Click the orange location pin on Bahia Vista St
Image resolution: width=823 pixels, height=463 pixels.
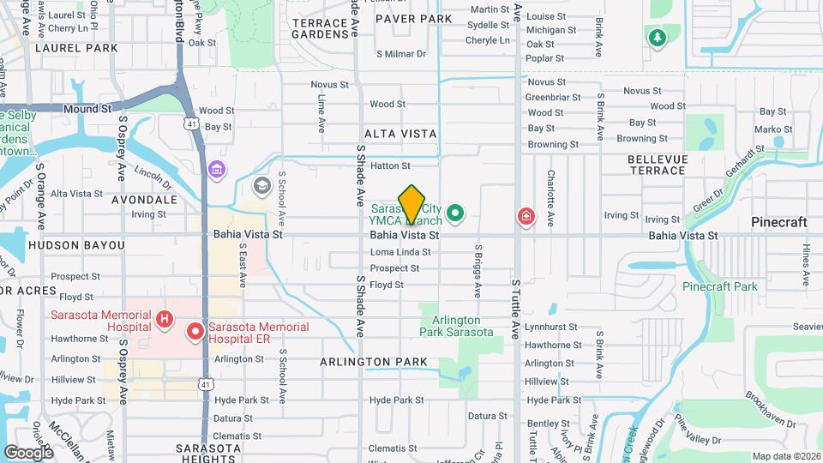pyautogui.click(x=412, y=205)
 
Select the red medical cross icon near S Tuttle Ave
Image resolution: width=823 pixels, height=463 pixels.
pyautogui.click(x=524, y=218)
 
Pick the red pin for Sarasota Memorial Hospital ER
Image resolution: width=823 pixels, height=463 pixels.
pyautogui.click(x=195, y=330)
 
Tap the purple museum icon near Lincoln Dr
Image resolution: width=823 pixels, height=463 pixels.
pyautogui.click(x=218, y=169)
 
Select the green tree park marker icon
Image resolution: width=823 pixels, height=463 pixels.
pyautogui.click(x=657, y=38)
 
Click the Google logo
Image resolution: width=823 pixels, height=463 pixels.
pyautogui.click(x=29, y=452)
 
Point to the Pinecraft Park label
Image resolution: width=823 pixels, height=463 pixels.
pyautogui.click(x=720, y=286)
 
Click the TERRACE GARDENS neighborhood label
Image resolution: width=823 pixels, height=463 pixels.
pyautogui.click(x=322, y=28)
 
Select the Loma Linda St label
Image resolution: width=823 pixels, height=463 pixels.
pyautogui.click(x=399, y=252)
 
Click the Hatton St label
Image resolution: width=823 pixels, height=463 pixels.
pyautogui.click(x=391, y=165)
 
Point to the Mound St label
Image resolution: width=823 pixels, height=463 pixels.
pyautogui.click(x=87, y=109)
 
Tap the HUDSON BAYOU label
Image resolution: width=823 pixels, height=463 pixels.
pyautogui.click(x=76, y=245)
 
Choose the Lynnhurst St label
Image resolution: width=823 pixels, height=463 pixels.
pyautogui.click(x=553, y=328)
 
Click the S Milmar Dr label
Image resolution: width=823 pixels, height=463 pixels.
pyautogui.click(x=401, y=53)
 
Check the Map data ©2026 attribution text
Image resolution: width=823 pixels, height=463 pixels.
pyautogui.click(x=785, y=456)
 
